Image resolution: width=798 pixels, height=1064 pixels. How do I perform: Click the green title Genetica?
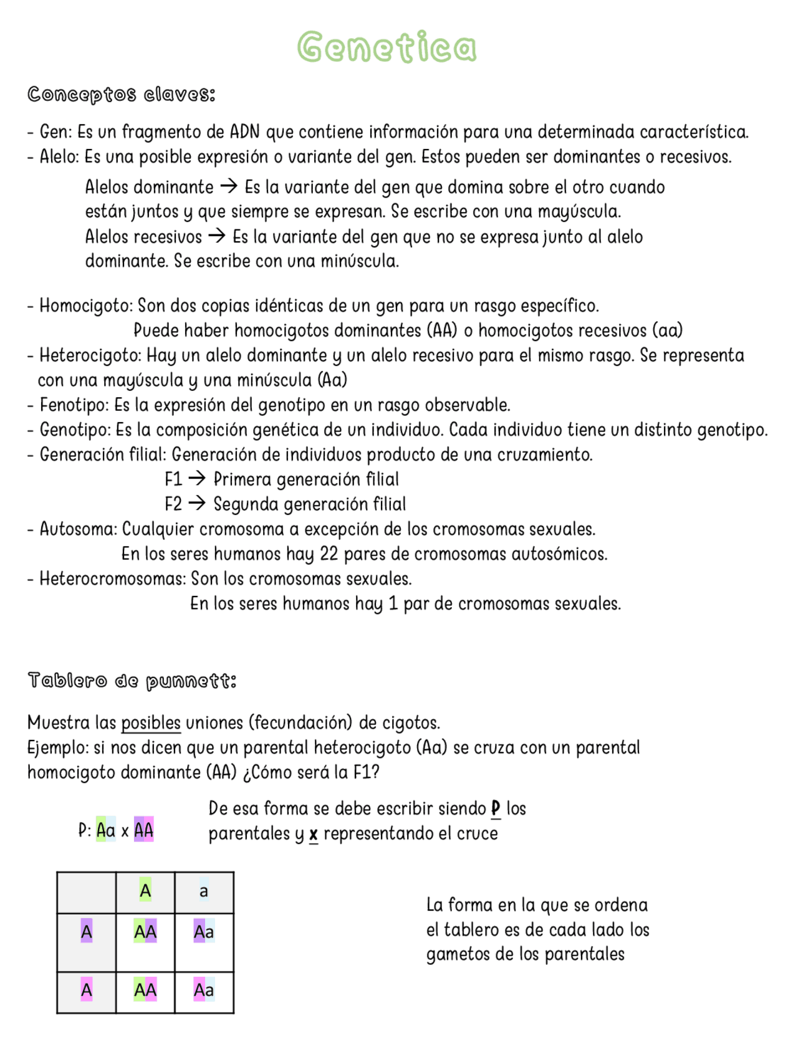pyautogui.click(x=387, y=47)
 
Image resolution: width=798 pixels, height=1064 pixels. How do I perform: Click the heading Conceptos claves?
pyautogui.click(x=122, y=94)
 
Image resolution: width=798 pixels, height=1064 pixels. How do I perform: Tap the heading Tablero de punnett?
pyautogui.click(x=132, y=680)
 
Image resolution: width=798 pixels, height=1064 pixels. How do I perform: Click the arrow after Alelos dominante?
pyautogui.click(x=229, y=186)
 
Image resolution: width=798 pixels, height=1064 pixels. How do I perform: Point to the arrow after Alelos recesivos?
pyautogui.click(x=217, y=236)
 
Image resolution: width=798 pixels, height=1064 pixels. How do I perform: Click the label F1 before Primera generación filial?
pyautogui.click(x=173, y=479)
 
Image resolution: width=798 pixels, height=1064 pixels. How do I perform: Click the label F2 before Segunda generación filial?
pyautogui.click(x=173, y=504)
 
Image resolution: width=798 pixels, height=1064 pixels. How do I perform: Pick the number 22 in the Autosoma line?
pyautogui.click(x=329, y=554)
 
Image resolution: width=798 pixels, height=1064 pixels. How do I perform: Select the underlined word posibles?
pyautogui.click(x=151, y=722)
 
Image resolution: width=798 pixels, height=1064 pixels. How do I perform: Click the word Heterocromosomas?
pyautogui.click(x=113, y=578)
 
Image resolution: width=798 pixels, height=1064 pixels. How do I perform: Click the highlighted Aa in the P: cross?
pyautogui.click(x=106, y=830)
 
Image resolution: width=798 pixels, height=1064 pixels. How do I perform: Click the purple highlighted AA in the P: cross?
pyautogui.click(x=144, y=830)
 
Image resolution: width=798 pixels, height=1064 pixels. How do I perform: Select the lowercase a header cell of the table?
pyautogui.click(x=204, y=892)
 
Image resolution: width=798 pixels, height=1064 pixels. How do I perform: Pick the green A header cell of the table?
pyautogui.click(x=145, y=892)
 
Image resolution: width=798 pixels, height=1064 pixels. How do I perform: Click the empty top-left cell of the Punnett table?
pyautogui.click(x=87, y=893)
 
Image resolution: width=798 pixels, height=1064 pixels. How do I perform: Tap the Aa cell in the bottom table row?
pyautogui.click(x=204, y=990)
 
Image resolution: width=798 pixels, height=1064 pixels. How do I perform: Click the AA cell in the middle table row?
pyautogui.click(x=145, y=932)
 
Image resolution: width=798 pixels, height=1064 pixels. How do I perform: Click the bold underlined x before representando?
pyautogui.click(x=314, y=834)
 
